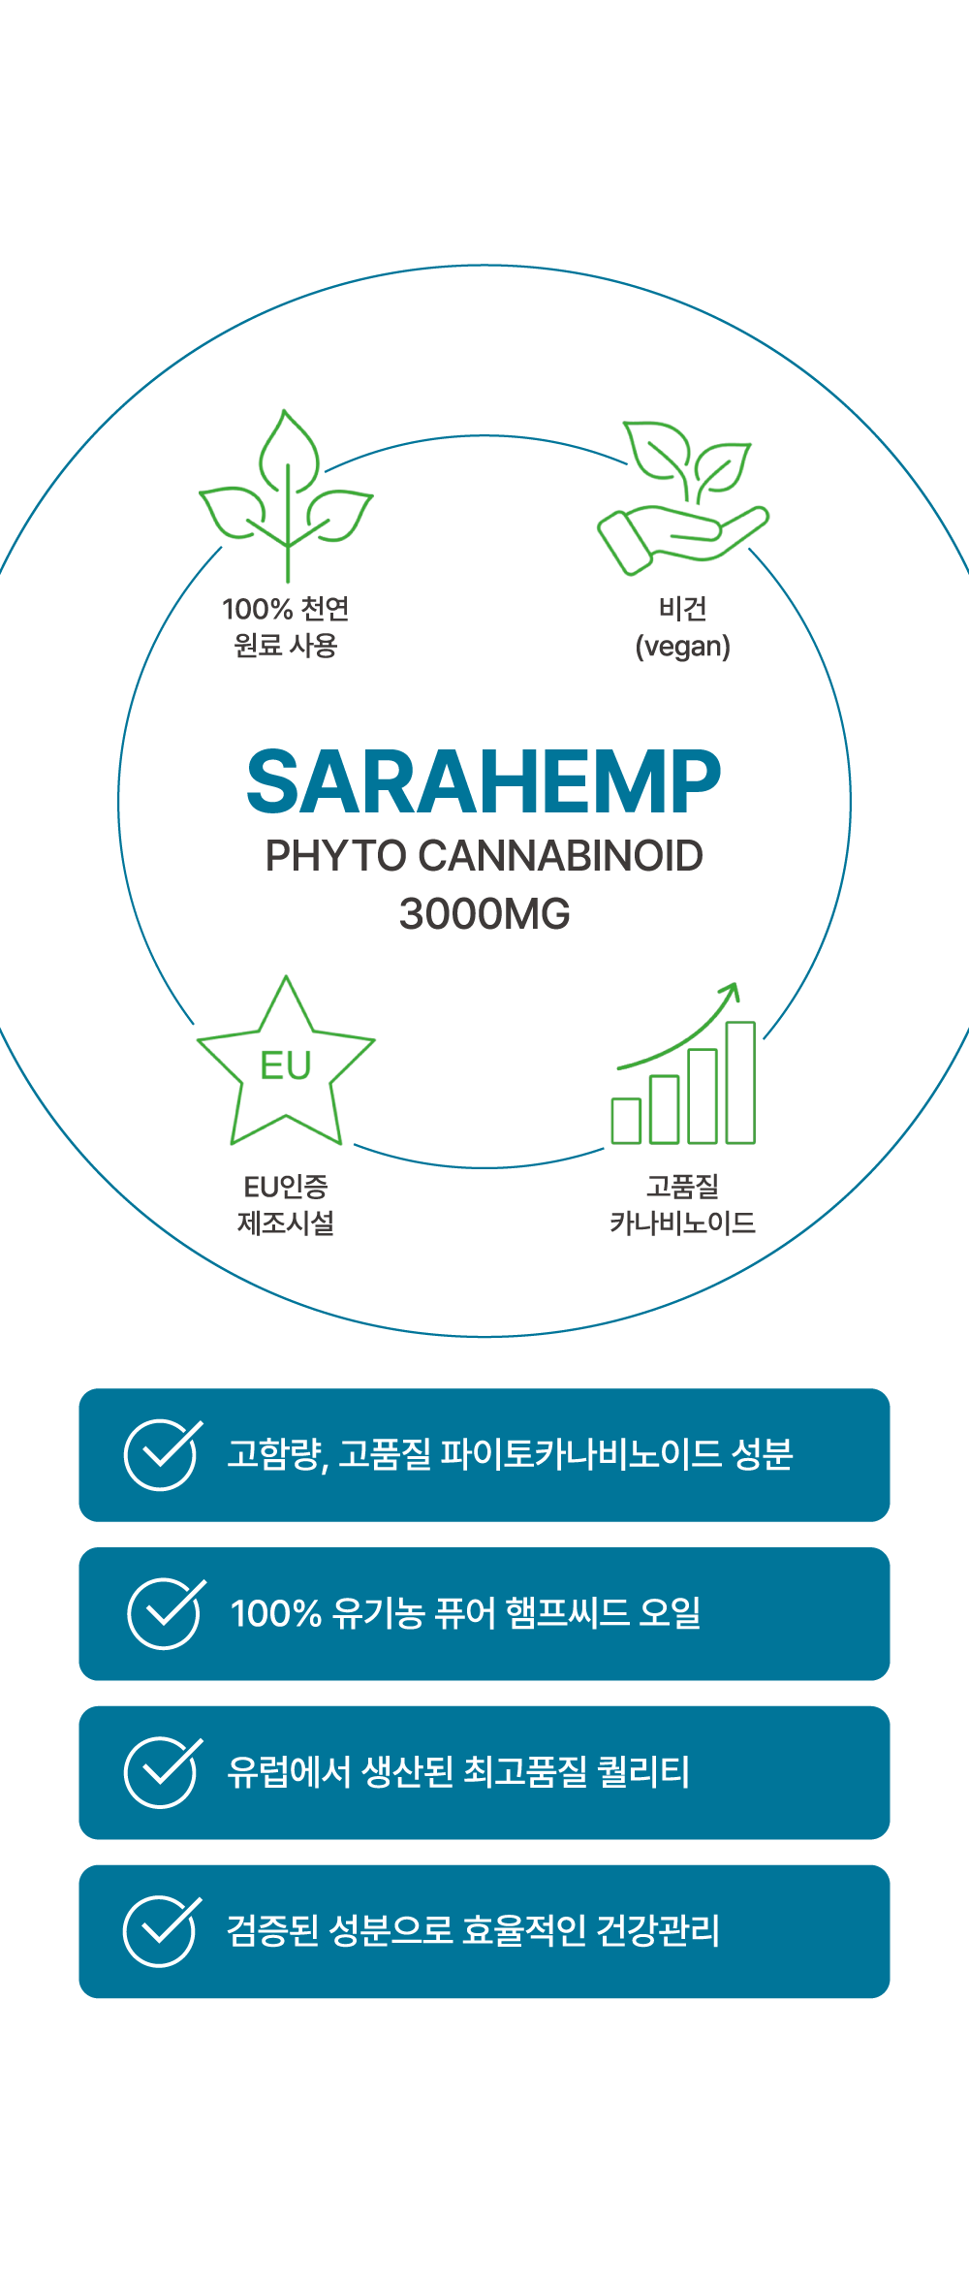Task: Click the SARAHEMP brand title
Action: pos(484,781)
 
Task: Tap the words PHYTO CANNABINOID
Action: pos(484,856)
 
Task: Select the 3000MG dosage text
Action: pos(484,914)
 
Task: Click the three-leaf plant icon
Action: pos(286,494)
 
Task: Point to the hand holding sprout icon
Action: pos(682,497)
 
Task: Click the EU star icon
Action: pos(286,1061)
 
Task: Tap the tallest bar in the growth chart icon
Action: pos(740,1082)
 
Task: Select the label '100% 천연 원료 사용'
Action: pos(286,626)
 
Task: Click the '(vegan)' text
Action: pos(682,647)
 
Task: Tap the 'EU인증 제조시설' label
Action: pos(286,1204)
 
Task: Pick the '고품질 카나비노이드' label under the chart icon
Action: pos(682,1204)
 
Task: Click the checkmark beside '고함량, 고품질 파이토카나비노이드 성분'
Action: pos(163,1454)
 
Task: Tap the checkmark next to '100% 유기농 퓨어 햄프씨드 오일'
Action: pos(166,1613)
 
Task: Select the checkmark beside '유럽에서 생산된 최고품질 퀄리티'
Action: pos(163,1772)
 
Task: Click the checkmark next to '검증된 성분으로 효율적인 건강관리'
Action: pos(162,1931)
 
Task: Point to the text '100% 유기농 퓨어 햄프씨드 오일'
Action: pos(465,1613)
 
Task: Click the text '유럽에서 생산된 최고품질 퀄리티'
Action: pos(458,1772)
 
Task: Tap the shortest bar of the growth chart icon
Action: pos(626,1121)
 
